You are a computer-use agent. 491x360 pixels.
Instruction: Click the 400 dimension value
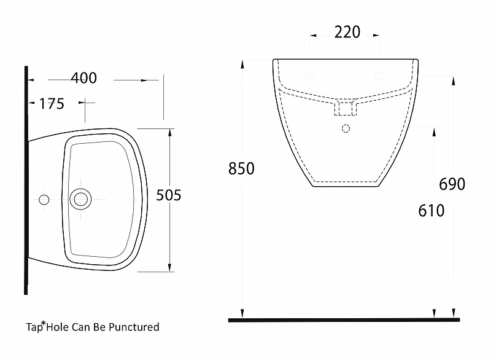click(x=83, y=79)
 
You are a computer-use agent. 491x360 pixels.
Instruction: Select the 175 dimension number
click(x=52, y=104)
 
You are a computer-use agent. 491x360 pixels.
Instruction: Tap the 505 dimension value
click(x=169, y=195)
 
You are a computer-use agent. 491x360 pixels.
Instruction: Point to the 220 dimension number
click(x=347, y=33)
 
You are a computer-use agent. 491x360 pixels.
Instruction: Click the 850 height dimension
click(x=241, y=168)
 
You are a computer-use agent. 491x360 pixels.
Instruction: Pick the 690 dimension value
click(x=452, y=184)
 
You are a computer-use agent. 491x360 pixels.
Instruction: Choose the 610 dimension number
click(x=431, y=211)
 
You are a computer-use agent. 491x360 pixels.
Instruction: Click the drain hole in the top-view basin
click(x=80, y=199)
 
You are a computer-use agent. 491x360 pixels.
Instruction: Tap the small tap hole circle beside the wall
click(x=44, y=200)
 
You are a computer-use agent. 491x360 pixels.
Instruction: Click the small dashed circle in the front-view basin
click(x=346, y=128)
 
